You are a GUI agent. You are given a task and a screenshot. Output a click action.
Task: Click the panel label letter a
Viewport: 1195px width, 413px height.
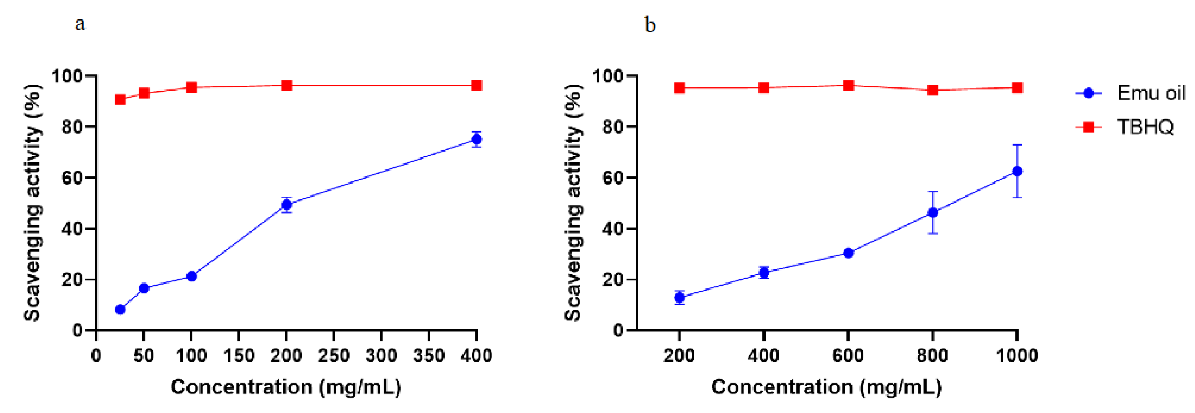coord(80,24)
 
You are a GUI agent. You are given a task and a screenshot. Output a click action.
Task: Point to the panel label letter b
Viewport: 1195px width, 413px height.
coord(650,25)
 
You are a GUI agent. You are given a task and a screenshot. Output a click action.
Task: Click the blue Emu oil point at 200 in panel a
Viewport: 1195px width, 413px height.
coord(287,205)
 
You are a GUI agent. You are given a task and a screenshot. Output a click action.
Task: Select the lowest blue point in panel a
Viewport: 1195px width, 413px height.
coord(120,309)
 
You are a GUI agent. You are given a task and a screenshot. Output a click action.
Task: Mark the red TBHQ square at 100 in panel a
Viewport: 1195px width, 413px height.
coord(192,87)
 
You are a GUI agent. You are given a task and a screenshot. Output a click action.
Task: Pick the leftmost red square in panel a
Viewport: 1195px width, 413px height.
coord(120,100)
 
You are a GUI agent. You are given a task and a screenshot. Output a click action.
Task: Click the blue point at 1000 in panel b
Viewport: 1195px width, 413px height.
coord(1017,171)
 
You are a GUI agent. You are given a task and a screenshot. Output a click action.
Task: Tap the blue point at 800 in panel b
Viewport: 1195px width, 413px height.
coord(933,212)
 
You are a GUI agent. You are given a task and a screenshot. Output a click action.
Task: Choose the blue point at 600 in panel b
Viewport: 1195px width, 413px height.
coord(848,253)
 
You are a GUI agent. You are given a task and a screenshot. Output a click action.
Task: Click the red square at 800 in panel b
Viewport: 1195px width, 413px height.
coord(933,90)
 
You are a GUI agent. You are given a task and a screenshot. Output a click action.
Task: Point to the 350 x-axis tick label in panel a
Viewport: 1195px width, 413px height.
coord(429,356)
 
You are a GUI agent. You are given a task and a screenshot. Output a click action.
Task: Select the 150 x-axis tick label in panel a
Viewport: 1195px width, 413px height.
coord(239,356)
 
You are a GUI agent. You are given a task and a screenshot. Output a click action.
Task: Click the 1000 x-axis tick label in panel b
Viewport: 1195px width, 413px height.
coord(1017,356)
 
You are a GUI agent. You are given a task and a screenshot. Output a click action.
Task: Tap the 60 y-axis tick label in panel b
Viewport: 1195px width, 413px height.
coord(612,178)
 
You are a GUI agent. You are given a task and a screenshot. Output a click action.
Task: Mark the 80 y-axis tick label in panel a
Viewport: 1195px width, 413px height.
coord(72,127)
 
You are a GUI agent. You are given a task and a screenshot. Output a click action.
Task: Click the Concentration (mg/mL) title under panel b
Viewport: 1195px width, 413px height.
coord(826,387)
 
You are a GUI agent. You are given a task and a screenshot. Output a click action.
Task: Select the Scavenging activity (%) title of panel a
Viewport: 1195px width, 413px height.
coord(32,203)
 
